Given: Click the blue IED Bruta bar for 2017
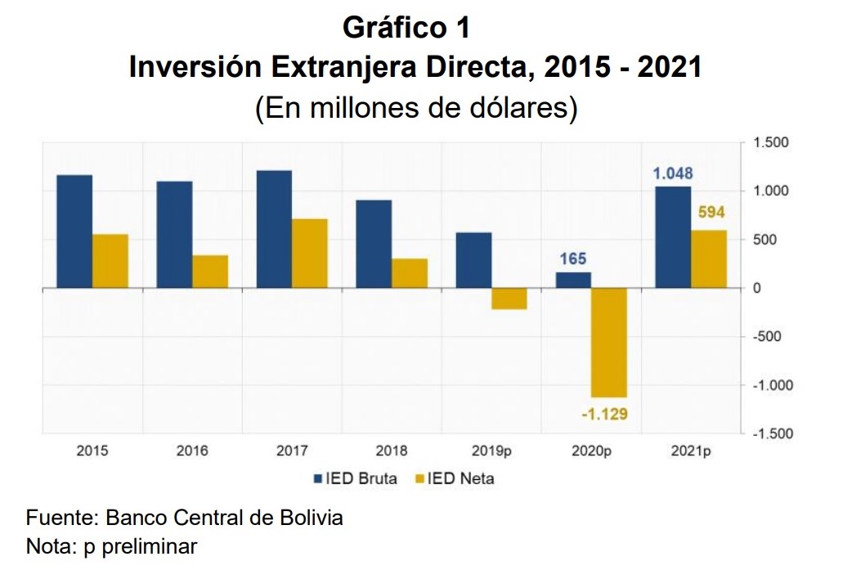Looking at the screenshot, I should click(x=274, y=229).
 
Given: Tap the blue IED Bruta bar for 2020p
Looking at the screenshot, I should click(x=573, y=280).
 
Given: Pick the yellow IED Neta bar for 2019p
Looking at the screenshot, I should click(x=509, y=298).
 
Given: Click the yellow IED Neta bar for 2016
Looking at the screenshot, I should click(x=210, y=272).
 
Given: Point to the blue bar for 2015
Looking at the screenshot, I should click(x=74, y=231).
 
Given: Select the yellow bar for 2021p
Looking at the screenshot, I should click(x=709, y=259).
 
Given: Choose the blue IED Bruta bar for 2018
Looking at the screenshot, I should click(x=374, y=244).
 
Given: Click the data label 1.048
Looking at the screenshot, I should click(x=672, y=173).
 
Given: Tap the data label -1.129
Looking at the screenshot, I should click(x=604, y=415).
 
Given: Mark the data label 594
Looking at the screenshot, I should click(x=710, y=213).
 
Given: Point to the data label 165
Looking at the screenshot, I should click(x=572, y=259).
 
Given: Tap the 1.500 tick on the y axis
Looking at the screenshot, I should click(x=769, y=143).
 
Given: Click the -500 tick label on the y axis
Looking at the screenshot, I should click(x=766, y=336).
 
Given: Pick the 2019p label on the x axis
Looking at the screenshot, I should click(x=491, y=451).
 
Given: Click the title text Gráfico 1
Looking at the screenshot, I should click(x=406, y=28).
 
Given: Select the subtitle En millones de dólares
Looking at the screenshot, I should click(x=416, y=109).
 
